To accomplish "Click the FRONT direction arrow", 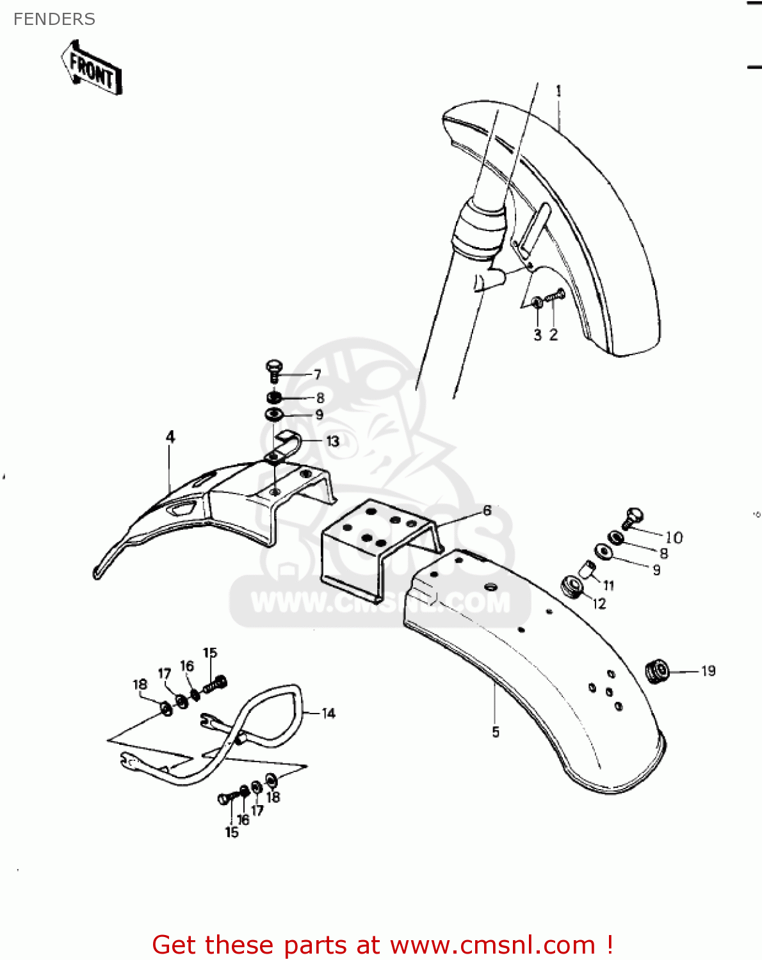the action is pyautogui.click(x=92, y=68).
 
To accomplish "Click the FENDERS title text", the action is pyautogui.click(x=54, y=19).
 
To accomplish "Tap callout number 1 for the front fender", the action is pyautogui.click(x=558, y=92).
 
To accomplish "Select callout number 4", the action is pyautogui.click(x=170, y=436).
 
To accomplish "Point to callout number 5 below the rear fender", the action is pyautogui.click(x=496, y=732).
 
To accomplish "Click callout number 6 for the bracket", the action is pyautogui.click(x=487, y=510).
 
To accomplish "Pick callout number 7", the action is pyautogui.click(x=317, y=375).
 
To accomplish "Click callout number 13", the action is pyautogui.click(x=332, y=442).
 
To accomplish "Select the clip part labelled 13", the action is pyautogui.click(x=285, y=446).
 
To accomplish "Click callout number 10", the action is pyautogui.click(x=674, y=538).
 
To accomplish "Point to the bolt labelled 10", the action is pyautogui.click(x=633, y=518).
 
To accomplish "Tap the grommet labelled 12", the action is pyautogui.click(x=572, y=587).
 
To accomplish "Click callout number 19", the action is pyautogui.click(x=708, y=671).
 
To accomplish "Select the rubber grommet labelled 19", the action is pyautogui.click(x=658, y=671).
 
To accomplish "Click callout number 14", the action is pyautogui.click(x=328, y=714).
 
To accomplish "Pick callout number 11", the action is pyautogui.click(x=608, y=585).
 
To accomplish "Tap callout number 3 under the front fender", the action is pyautogui.click(x=538, y=335).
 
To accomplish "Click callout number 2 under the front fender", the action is pyautogui.click(x=553, y=335).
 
